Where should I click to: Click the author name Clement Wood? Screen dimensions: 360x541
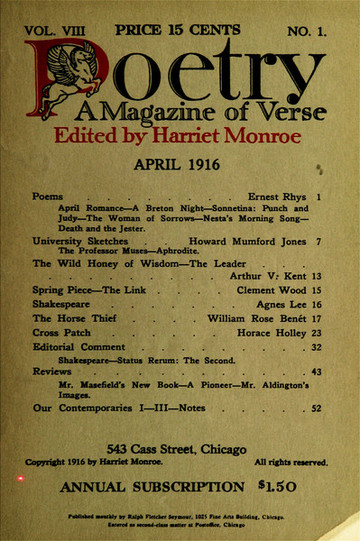274,290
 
